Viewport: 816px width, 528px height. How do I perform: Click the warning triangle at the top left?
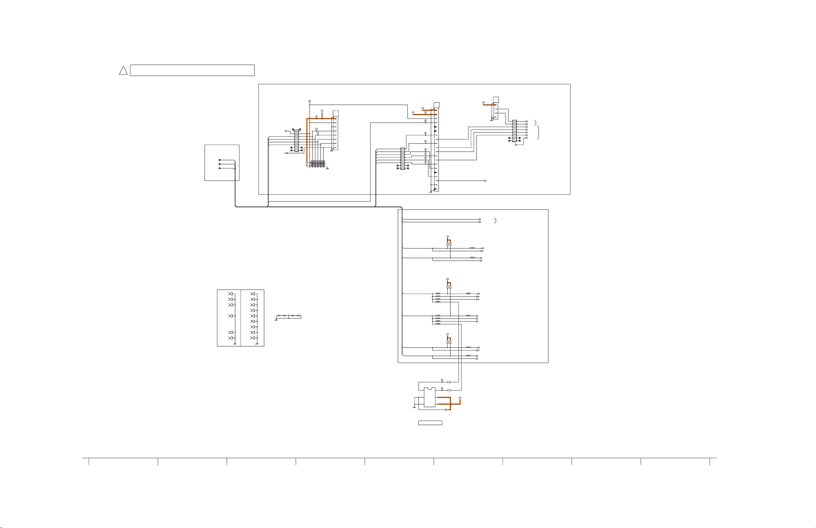coord(123,71)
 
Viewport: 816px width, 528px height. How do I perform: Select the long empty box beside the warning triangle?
coord(192,70)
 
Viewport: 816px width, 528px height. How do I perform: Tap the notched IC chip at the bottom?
coord(429,397)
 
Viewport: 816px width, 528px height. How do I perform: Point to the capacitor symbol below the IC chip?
coord(446,410)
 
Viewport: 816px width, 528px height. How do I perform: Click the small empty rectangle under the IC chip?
coord(430,423)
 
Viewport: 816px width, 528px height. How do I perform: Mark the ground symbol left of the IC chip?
coord(414,407)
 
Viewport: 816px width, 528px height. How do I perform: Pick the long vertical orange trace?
coord(307,141)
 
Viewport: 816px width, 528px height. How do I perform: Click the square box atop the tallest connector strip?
coord(436,105)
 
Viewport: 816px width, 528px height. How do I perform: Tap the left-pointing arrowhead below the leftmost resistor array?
coord(286,153)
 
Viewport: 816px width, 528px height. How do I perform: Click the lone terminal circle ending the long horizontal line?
coord(485,181)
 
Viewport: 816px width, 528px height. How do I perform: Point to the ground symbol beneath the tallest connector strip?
coord(430,192)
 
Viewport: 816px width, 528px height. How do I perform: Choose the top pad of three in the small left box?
coord(220,160)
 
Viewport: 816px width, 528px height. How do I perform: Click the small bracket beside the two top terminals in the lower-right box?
coord(495,221)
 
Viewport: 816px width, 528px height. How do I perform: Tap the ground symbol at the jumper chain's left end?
coord(276,320)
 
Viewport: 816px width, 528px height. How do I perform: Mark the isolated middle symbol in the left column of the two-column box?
coord(231,316)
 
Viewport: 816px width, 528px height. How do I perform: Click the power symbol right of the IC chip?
coord(460,398)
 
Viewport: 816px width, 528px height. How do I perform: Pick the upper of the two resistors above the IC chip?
coord(449,382)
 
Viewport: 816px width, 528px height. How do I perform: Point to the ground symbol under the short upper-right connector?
coord(491,120)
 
